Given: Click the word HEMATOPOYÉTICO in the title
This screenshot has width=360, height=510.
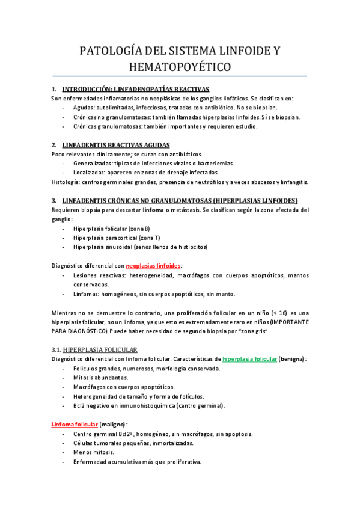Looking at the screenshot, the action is pyautogui.click(x=180, y=66).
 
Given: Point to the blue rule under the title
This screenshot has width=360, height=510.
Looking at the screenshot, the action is pyautogui.click(x=180, y=76).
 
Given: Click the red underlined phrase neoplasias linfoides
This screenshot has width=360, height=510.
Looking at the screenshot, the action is pyautogui.click(x=153, y=265).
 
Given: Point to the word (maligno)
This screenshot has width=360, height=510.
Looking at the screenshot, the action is pyautogui.click(x=113, y=424).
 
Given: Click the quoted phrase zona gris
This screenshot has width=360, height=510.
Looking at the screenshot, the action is pyautogui.click(x=252, y=331).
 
